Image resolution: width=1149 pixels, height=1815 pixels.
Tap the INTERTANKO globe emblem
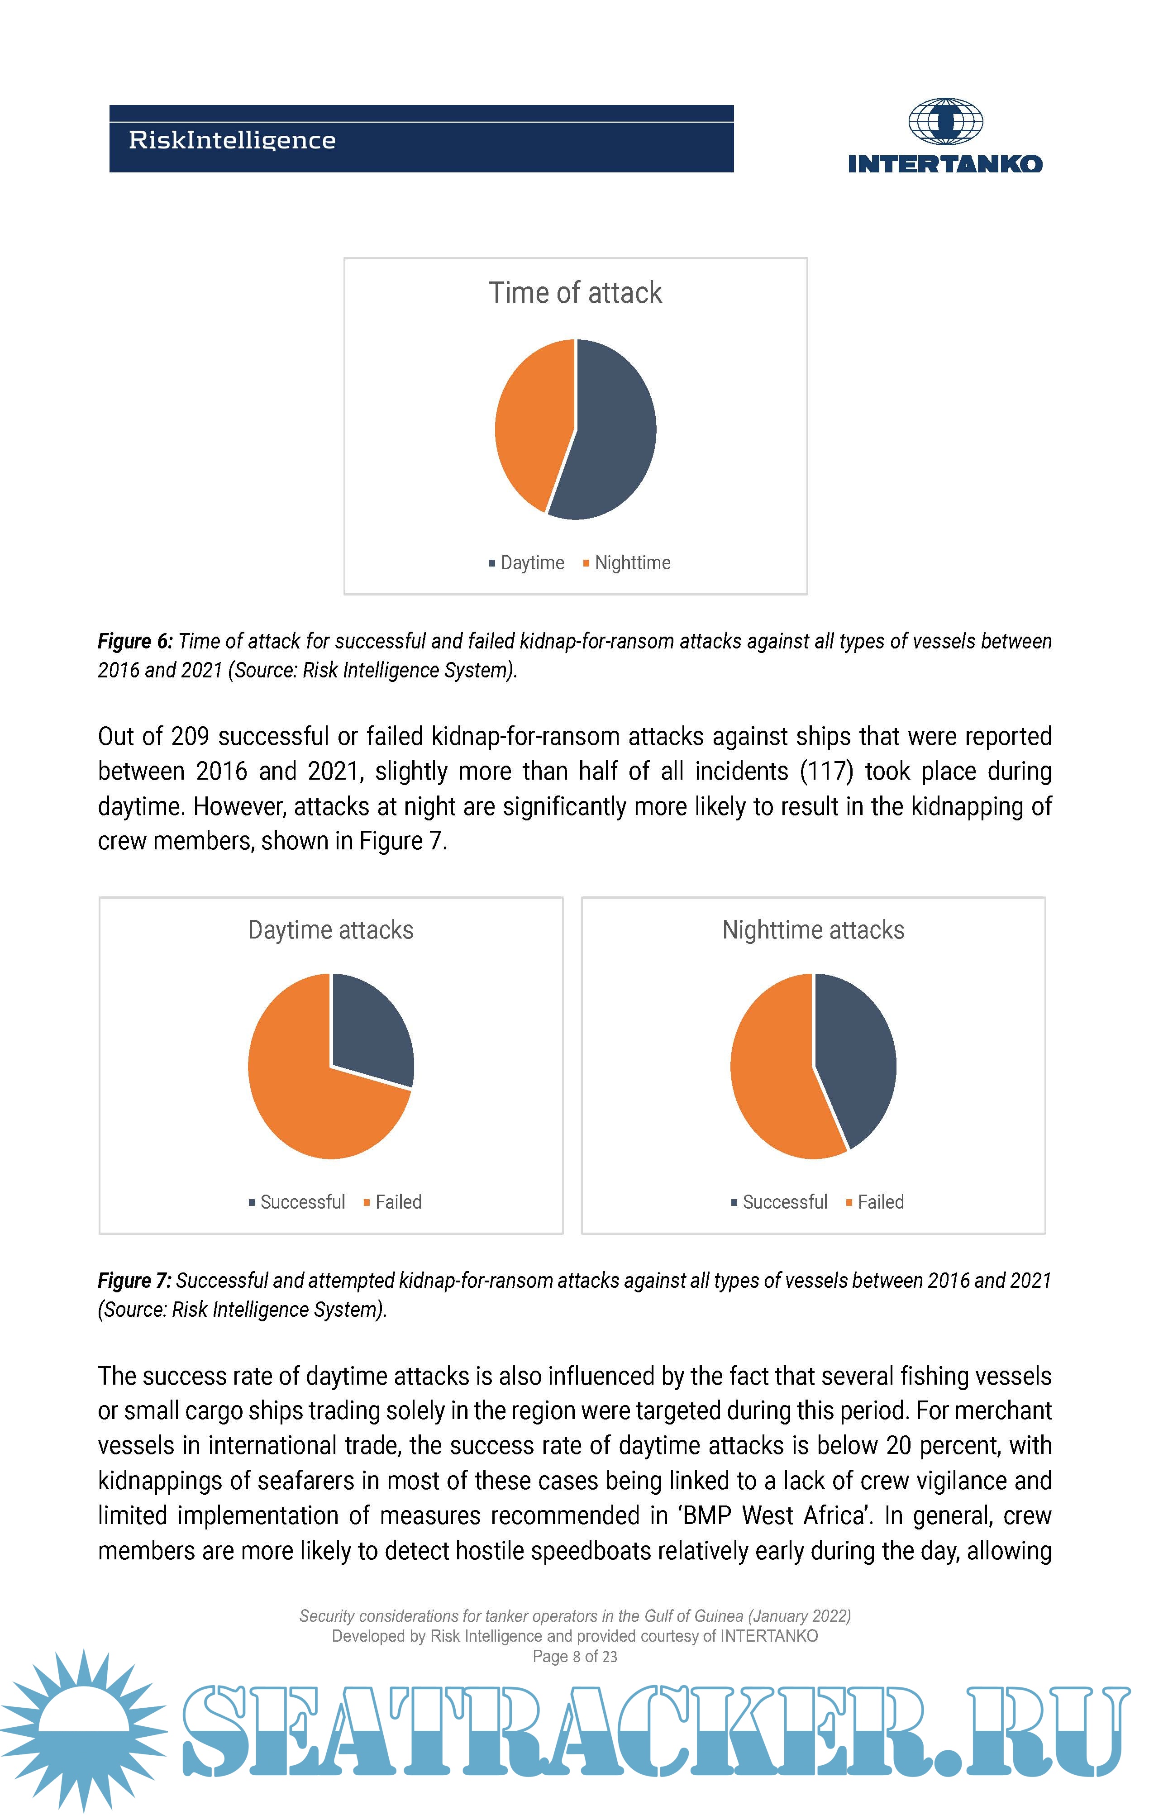pyautogui.click(x=945, y=121)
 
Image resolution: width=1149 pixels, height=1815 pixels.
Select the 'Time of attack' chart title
pyautogui.click(x=575, y=292)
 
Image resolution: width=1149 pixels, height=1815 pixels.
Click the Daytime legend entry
pyautogui.click(x=526, y=563)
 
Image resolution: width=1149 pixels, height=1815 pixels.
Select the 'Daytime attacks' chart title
pyautogui.click(x=330, y=930)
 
